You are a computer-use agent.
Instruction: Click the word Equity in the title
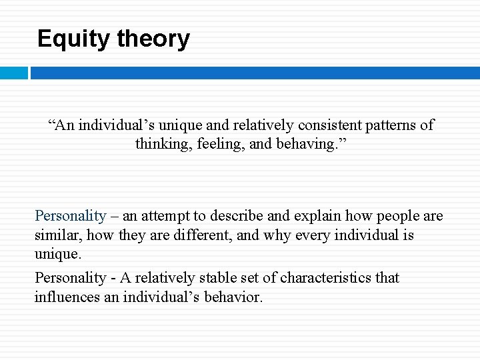point(74,39)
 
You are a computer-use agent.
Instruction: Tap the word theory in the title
point(153,39)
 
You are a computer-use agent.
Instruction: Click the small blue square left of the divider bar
point(13,73)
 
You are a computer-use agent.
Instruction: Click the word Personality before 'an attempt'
point(70,216)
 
